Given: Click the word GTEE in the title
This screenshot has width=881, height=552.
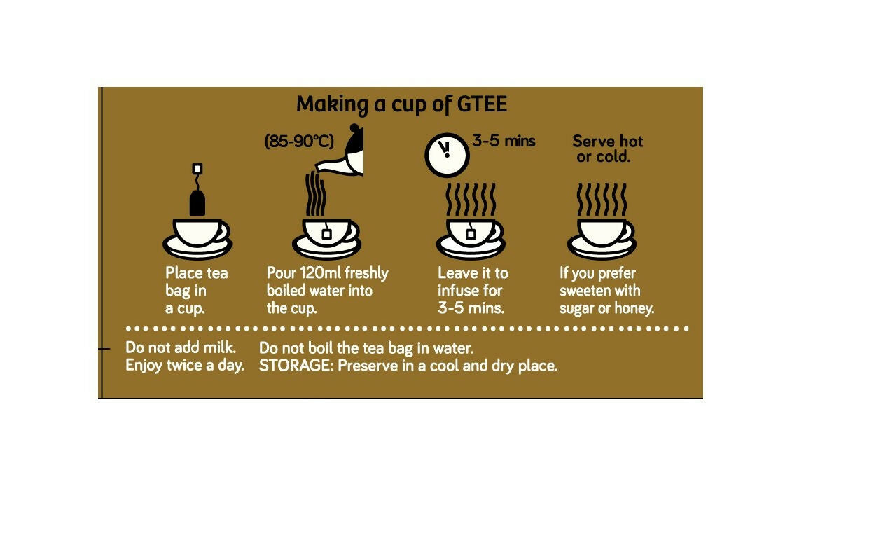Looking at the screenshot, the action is click(x=483, y=104).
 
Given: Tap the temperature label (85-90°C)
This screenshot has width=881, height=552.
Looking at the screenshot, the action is click(x=299, y=141).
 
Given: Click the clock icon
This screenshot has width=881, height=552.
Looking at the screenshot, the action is click(x=448, y=155).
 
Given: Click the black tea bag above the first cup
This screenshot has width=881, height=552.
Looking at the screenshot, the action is click(x=197, y=202).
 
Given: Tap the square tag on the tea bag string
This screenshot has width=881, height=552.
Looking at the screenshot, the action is click(x=197, y=169).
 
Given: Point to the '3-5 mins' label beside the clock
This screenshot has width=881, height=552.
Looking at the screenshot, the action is click(x=504, y=141).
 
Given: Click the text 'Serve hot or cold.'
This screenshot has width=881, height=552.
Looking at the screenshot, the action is click(x=607, y=149).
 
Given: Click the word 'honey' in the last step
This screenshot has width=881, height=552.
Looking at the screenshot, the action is click(x=634, y=308).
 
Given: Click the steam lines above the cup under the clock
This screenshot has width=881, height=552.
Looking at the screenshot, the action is click(x=471, y=199).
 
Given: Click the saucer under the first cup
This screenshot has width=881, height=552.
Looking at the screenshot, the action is click(x=197, y=248).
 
